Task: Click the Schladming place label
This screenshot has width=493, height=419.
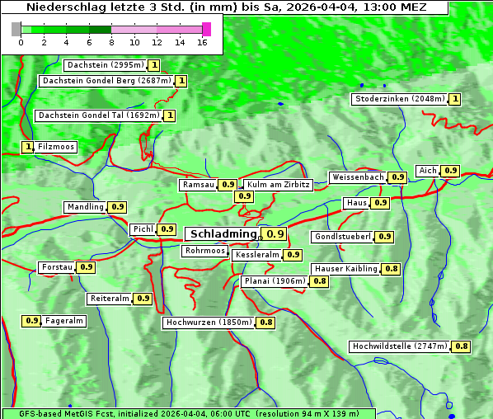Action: tap(223, 234)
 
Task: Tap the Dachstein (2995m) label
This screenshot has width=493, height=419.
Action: tap(105, 65)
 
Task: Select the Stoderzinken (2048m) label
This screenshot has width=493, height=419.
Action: tap(399, 99)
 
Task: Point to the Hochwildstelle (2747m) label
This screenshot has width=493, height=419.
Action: tap(400, 346)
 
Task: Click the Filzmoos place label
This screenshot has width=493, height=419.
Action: tap(56, 147)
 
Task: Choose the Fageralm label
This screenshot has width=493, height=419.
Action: tap(64, 321)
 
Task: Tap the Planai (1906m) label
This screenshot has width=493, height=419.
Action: tap(275, 281)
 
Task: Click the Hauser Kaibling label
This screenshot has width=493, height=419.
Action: tap(345, 269)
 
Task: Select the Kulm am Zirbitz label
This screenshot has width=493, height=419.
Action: tap(278, 185)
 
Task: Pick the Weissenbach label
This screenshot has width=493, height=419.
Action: tap(357, 177)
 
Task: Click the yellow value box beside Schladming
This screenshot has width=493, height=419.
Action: tap(275, 234)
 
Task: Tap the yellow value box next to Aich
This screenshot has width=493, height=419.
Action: tap(450, 171)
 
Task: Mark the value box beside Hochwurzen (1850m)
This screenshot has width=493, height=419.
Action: tap(266, 322)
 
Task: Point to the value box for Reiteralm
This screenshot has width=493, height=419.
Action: tap(143, 299)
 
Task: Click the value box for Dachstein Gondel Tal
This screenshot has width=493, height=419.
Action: tap(170, 115)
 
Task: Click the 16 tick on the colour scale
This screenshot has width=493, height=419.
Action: tap(202, 42)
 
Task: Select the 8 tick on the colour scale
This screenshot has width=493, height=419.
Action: tap(111, 42)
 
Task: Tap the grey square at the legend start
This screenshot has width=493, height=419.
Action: tap(16, 29)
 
